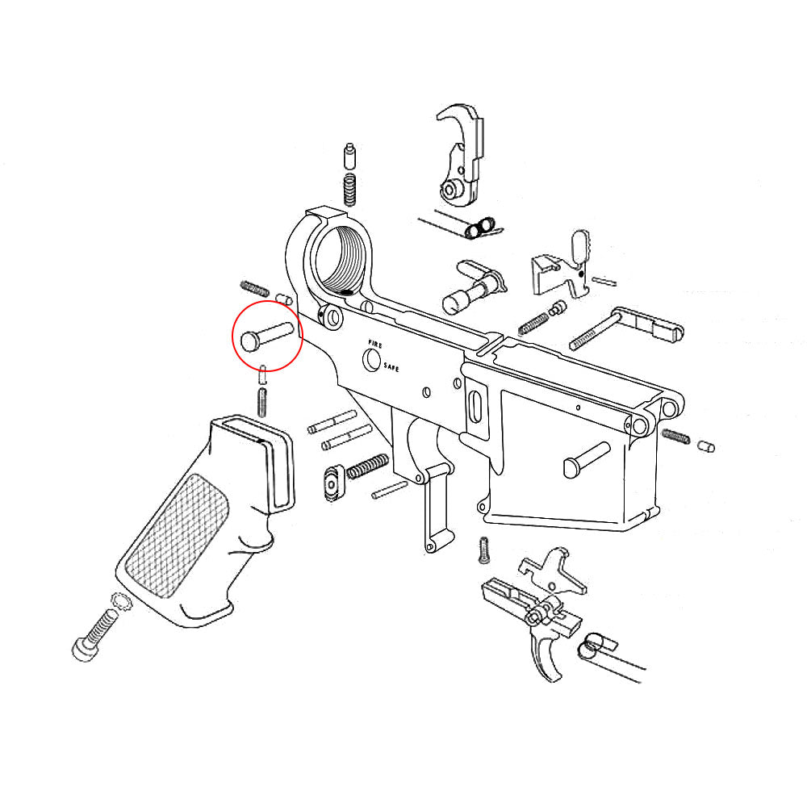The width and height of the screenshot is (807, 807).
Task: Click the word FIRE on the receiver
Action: click(x=374, y=344)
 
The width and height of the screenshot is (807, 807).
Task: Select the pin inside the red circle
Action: click(x=267, y=335)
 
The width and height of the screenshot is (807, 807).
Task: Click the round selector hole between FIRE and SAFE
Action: click(x=372, y=359)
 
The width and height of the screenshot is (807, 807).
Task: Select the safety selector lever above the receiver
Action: click(x=472, y=286)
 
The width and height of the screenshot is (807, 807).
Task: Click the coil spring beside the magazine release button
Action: click(x=367, y=466)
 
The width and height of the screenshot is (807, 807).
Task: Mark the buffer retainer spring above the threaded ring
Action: click(x=349, y=190)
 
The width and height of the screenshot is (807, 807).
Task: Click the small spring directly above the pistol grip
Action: click(x=262, y=400)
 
